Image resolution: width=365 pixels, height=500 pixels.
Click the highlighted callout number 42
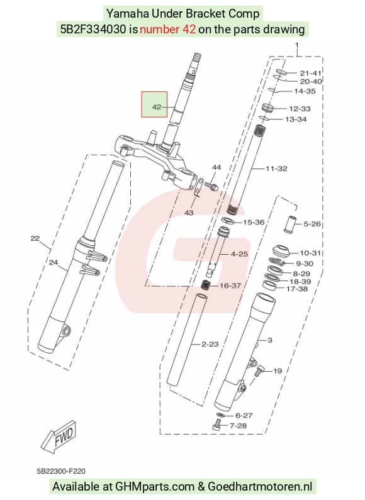point(156,107)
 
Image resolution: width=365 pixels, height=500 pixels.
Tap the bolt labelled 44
point(211,186)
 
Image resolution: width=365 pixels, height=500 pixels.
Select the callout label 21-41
point(310,73)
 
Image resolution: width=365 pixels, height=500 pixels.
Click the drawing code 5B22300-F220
point(61,471)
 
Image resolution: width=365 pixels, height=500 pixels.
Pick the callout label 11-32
point(276,169)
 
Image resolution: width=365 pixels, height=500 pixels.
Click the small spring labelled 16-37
point(205,285)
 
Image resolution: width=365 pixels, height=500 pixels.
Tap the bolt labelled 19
point(259,370)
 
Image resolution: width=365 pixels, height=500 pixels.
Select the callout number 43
point(189,213)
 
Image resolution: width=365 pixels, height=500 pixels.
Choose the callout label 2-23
point(210,344)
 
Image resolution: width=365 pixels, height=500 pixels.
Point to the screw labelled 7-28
point(216,425)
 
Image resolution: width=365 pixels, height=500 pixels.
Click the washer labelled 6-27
point(220,415)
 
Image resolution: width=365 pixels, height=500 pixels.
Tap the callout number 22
point(35,238)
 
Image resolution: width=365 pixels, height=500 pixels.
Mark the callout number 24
point(53,262)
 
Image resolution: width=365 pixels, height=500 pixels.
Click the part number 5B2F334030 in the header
point(93,30)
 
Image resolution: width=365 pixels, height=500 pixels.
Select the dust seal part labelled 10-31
point(281,252)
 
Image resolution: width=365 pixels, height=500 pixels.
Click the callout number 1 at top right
point(297,45)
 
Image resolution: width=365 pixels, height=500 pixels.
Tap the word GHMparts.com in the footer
point(155,487)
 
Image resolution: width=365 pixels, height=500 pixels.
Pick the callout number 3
point(269,340)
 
